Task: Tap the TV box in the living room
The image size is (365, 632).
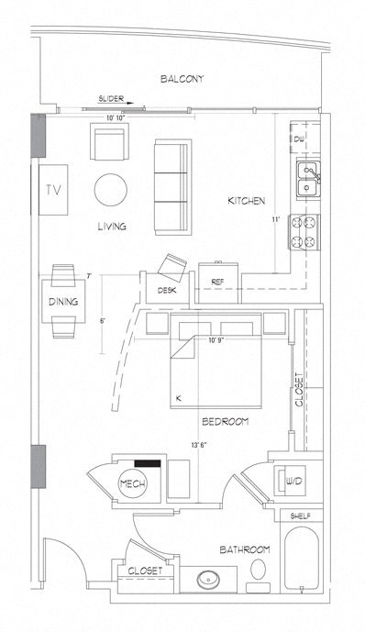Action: [52, 190]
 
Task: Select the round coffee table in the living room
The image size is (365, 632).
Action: [111, 191]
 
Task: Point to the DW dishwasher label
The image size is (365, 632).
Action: [299, 139]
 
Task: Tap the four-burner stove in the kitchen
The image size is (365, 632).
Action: [304, 232]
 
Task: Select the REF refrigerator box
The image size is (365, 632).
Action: [217, 282]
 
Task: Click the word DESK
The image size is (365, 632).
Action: [166, 290]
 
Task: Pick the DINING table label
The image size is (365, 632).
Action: [62, 302]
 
